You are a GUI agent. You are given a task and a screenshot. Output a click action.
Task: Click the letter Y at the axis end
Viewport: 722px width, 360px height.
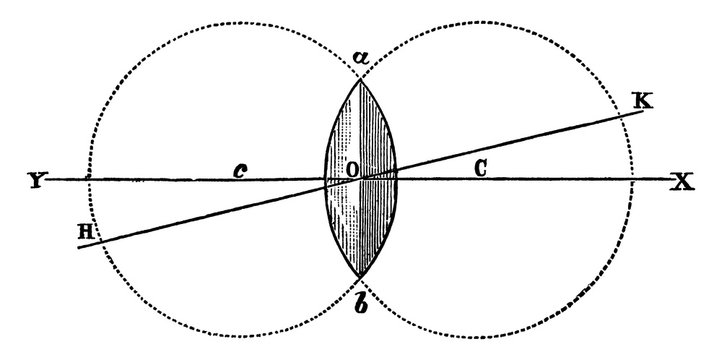tap(38, 182)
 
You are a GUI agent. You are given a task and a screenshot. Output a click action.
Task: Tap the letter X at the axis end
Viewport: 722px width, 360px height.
tap(682, 182)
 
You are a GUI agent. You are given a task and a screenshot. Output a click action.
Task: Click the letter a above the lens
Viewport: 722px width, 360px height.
tap(360, 58)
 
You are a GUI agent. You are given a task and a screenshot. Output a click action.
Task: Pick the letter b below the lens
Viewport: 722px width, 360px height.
tap(359, 301)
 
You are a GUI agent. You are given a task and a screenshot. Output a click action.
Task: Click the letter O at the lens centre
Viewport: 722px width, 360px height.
tap(353, 170)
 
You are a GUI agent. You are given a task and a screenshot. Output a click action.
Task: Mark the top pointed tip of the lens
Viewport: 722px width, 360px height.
tap(360, 78)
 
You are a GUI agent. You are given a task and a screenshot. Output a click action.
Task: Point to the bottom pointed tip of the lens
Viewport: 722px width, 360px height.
tap(360, 278)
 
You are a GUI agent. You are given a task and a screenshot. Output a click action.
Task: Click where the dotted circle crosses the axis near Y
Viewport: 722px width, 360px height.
tap(89, 180)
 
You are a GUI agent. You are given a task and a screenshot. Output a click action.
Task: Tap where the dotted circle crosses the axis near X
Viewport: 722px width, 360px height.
tap(632, 180)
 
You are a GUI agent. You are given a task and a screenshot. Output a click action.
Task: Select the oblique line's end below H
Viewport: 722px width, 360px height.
tap(78, 247)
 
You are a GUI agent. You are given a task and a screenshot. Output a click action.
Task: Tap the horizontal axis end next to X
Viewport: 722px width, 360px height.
tap(668, 180)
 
